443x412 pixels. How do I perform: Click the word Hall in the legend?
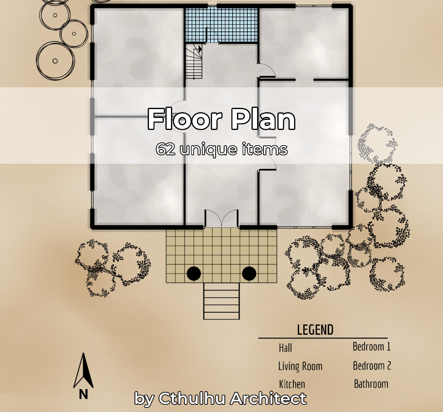coord(285,347)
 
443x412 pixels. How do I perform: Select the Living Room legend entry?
coord(300,366)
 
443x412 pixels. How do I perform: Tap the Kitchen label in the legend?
coord(292,384)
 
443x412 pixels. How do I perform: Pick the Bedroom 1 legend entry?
coord(371,346)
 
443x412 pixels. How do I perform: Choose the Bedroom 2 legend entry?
coord(372,366)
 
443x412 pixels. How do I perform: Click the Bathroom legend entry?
coord(371,384)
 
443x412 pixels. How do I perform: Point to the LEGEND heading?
coord(315,330)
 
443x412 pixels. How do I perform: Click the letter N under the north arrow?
coord(83,394)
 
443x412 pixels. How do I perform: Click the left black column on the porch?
coord(194,274)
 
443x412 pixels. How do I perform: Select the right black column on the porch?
coord(249,274)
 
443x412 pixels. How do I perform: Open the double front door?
coord(221,219)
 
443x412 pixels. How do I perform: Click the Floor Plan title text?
coord(221,119)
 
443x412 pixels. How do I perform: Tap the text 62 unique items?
coord(221,150)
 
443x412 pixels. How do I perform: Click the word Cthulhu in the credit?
coord(193,399)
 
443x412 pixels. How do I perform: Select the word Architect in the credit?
coord(268,399)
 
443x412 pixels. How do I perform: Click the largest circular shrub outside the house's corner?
coord(55,61)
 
